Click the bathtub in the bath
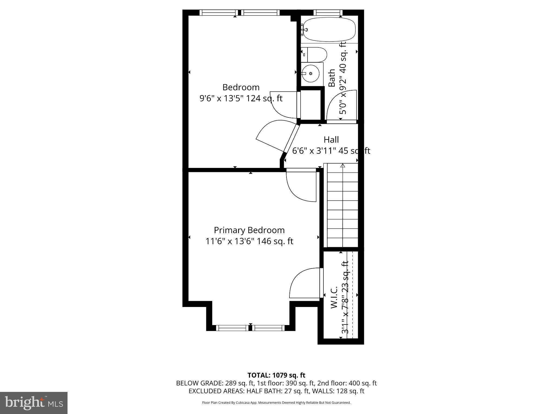click(x=329, y=29)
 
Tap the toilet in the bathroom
click(x=315, y=55)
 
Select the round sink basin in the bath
click(x=311, y=73)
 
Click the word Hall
click(x=331, y=140)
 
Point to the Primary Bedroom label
click(x=249, y=230)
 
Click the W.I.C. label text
click(x=334, y=297)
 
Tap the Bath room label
click(x=332, y=78)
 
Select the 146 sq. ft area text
click(x=275, y=241)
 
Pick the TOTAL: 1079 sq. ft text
click(x=276, y=375)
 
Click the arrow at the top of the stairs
click(x=343, y=165)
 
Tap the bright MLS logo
click(x=33, y=403)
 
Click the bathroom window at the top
click(x=328, y=12)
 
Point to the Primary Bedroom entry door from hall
click(x=301, y=186)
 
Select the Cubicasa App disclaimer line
click(x=276, y=403)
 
